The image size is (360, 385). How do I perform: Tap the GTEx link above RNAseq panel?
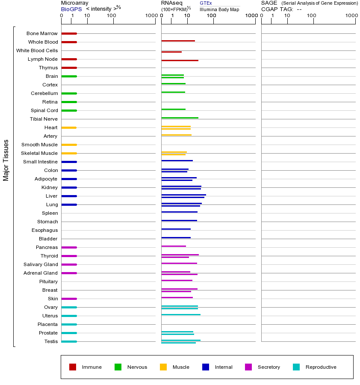tap(206, 3)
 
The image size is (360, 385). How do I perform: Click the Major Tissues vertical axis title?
tap(6, 160)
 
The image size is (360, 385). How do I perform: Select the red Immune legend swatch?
tap(73, 367)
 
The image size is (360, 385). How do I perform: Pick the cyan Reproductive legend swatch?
tap(296, 367)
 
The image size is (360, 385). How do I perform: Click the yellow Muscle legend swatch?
tap(163, 367)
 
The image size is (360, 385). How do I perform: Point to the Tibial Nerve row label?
tap(44, 119)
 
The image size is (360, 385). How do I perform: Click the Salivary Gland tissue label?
tap(41, 264)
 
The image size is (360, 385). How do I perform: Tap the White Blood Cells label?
tap(37, 50)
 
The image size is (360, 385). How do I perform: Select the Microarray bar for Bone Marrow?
tap(69, 33)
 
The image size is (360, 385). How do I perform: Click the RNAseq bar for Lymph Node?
tap(180, 60)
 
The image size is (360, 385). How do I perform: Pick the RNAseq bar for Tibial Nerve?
tap(180, 118)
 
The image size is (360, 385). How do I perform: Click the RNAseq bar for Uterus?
tap(181, 314)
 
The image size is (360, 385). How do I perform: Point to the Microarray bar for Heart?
tap(69, 127)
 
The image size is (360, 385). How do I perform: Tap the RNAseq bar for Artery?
tap(176, 135)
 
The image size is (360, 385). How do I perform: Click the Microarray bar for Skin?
tap(69, 299)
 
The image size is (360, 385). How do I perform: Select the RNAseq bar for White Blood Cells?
tap(171, 52)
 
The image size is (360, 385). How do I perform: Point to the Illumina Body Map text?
tap(219, 9)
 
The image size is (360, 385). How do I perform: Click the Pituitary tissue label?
tap(48, 281)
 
